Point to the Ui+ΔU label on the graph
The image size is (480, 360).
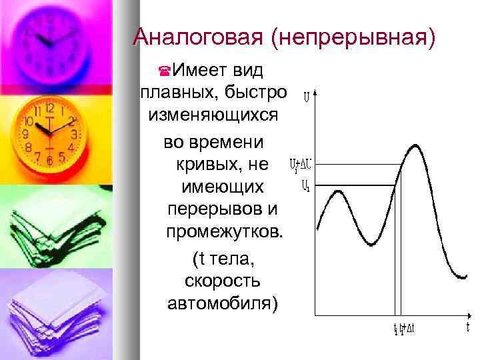click(298, 164)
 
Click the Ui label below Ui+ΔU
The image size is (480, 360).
click(305, 186)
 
